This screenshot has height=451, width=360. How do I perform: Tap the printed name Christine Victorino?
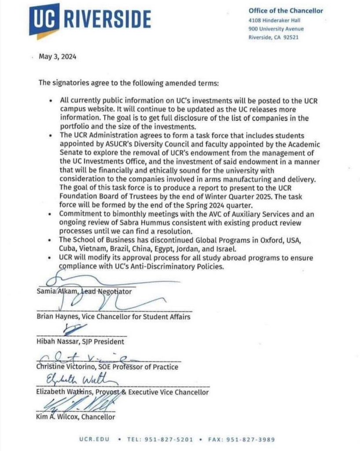[x=70, y=367]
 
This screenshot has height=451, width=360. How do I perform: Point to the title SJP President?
[x=103, y=341]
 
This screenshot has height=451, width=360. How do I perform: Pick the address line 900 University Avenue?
[x=276, y=29]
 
